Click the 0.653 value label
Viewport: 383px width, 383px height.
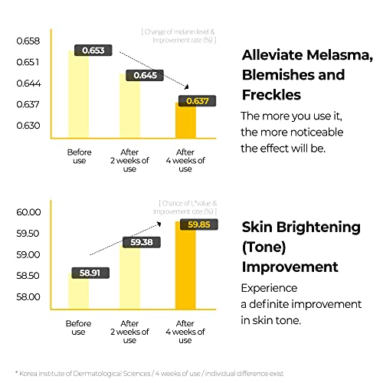pyautogui.click(x=93, y=51)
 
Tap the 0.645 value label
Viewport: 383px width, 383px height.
pyautogui.click(x=145, y=75)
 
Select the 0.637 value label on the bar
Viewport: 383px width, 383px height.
pyautogui.click(x=197, y=101)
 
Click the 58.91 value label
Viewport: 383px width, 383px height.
pyautogui.click(x=90, y=273)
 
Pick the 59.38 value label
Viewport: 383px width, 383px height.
pyautogui.click(x=142, y=242)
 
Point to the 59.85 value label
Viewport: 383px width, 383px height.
pyautogui.click(x=199, y=224)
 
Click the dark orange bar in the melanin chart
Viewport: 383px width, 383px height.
pyautogui.click(x=185, y=120)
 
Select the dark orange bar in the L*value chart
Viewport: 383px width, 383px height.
pyautogui.click(x=185, y=266)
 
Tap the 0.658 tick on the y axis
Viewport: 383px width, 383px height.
pyautogui.click(x=28, y=41)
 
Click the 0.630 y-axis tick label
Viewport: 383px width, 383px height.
pyautogui.click(x=28, y=126)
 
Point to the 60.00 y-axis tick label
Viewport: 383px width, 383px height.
pyautogui.click(x=28, y=212)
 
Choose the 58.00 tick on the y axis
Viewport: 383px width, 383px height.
pyautogui.click(x=28, y=297)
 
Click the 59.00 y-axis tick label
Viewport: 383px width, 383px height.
pyautogui.click(x=28, y=255)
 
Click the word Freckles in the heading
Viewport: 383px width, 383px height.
pyautogui.click(x=271, y=95)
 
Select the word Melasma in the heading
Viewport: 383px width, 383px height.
pyautogui.click(x=339, y=55)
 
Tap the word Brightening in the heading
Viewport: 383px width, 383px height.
pyautogui.click(x=319, y=228)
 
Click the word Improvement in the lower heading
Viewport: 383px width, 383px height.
pyautogui.click(x=290, y=267)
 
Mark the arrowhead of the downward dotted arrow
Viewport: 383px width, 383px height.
pyautogui.click(x=187, y=87)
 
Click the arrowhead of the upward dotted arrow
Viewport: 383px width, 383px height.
pyautogui.click(x=159, y=224)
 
